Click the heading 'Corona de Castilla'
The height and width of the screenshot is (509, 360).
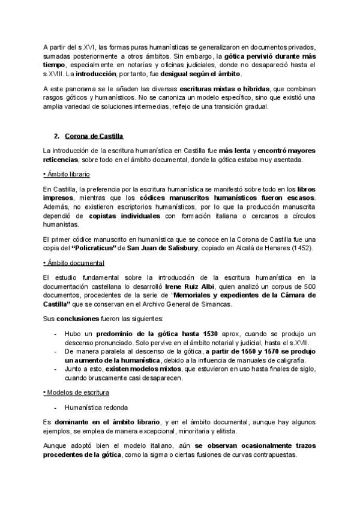[94, 136]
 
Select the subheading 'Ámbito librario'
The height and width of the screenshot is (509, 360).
[67, 173]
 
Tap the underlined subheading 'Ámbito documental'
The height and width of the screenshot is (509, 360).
[74, 263]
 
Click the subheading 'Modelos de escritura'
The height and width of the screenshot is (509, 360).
[77, 392]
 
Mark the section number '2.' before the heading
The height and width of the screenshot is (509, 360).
[57, 136]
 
